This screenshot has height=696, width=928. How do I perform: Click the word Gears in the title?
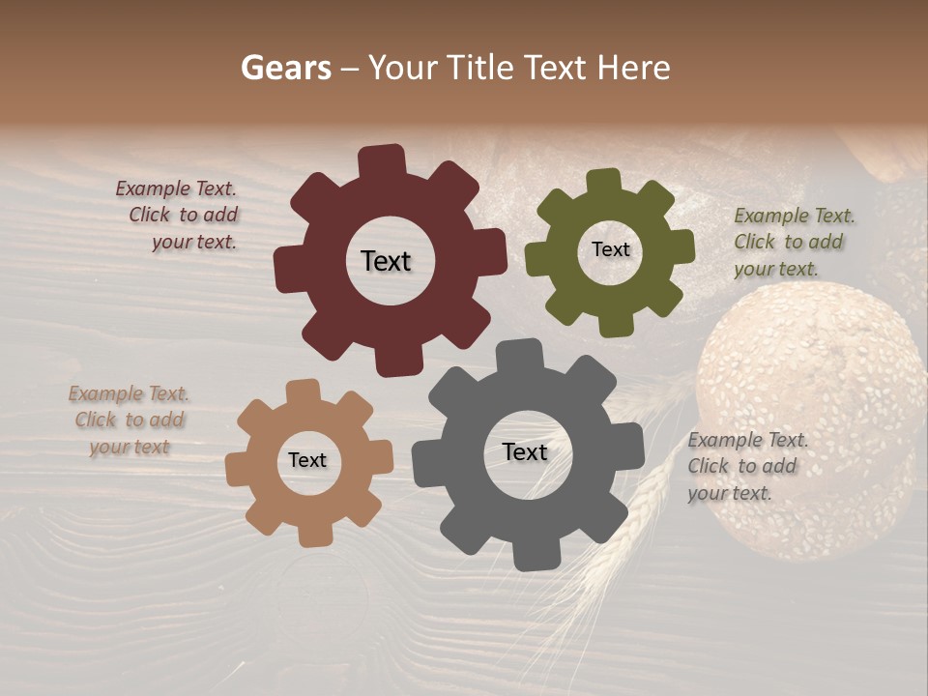point(285,68)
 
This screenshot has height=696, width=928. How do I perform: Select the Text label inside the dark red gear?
point(386,261)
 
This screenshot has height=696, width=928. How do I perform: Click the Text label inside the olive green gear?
point(610,249)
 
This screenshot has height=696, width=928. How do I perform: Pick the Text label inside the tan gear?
point(307,461)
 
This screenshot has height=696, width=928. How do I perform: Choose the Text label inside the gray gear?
point(525,452)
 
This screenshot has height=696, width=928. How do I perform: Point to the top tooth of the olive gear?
point(604,182)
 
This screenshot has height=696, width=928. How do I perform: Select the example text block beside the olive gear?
point(793,242)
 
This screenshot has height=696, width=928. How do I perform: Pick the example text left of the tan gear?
point(130,420)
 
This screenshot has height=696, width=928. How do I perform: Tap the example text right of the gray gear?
point(746,466)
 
